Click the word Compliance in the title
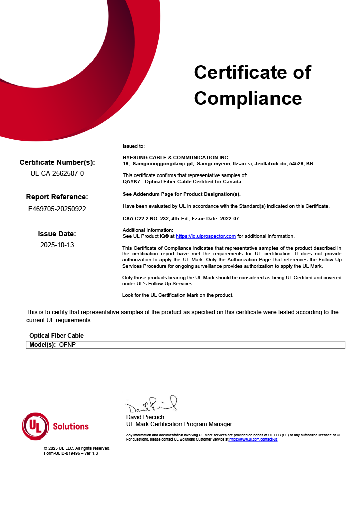248,98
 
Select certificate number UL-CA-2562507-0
57,174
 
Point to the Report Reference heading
57,197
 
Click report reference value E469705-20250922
57,208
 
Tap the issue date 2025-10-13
57,245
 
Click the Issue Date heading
57,234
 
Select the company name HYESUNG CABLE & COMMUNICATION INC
175,158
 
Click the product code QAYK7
130,181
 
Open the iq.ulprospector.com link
206,236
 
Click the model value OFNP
67,345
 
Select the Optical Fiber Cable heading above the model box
56,335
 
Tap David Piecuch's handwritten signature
151,405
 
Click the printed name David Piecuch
145,417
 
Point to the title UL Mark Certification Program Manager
179,424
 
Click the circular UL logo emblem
35,426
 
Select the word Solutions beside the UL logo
71,426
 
